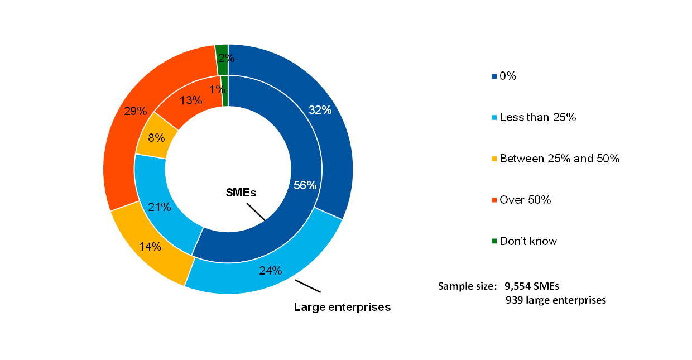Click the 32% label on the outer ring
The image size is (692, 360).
[320, 110]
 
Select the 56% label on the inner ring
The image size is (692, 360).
[305, 185]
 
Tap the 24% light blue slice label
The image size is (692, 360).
[271, 271]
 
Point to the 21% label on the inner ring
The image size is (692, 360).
[159, 208]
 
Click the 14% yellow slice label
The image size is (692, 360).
[151, 246]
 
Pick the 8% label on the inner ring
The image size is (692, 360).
[156, 137]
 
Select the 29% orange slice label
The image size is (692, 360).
[136, 111]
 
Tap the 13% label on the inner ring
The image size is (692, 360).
[191, 100]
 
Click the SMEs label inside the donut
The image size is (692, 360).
[241, 193]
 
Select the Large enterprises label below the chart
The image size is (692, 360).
[342, 307]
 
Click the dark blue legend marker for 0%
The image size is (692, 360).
[494, 76]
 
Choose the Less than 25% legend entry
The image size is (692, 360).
[537, 117]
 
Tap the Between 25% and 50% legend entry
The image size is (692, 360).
[559, 159]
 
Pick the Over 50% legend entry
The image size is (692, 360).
[525, 200]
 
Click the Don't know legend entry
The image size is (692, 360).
[528, 241]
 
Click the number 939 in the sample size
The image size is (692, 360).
[514, 300]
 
